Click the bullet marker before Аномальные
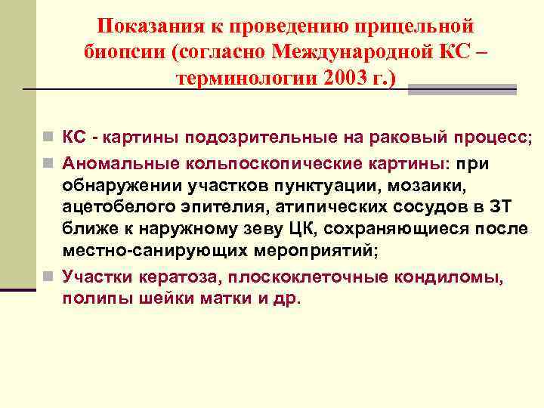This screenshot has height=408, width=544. (48, 162)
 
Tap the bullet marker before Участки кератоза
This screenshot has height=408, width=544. (48, 277)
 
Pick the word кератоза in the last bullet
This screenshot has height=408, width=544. (172, 277)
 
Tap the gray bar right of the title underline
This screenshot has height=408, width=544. (462, 89)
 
